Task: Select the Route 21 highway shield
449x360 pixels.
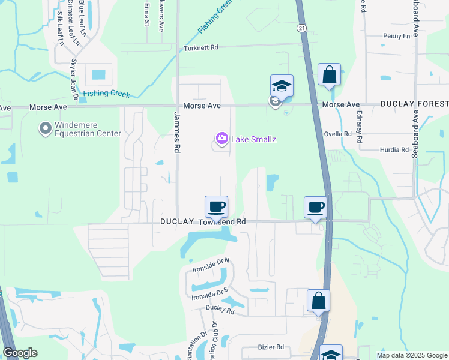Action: coord(301,28)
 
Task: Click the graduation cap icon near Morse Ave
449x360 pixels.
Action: coord(281,86)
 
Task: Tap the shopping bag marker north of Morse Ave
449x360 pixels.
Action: coord(329,76)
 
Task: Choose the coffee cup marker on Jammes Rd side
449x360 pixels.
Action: coord(217,208)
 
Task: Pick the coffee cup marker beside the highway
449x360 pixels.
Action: coord(315,208)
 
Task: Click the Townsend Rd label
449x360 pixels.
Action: coord(222,222)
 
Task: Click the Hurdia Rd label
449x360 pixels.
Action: coord(394,150)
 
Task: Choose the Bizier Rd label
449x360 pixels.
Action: coord(270,347)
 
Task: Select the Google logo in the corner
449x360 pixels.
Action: coord(20,353)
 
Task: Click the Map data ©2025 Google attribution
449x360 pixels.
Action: coord(412,355)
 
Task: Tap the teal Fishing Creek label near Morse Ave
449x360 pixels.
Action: coord(105,93)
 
